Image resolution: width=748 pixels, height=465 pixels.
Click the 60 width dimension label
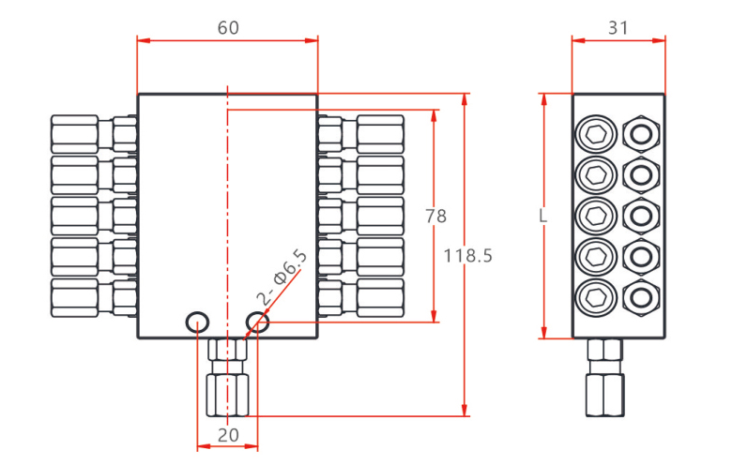click(x=228, y=27)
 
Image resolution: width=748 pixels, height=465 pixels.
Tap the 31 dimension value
click(x=618, y=27)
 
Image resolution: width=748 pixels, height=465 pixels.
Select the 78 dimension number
click(x=435, y=217)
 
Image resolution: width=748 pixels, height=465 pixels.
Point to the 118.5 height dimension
click(x=468, y=255)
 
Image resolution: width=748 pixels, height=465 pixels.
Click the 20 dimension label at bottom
click(x=228, y=436)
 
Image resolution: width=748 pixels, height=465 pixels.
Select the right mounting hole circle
click(x=257, y=322)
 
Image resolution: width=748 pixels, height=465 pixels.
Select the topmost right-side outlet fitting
click(x=361, y=134)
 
